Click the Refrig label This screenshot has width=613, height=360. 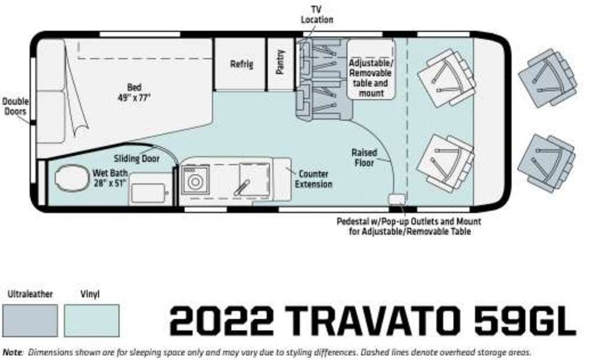tap(241, 64)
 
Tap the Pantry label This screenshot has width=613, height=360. tap(280, 62)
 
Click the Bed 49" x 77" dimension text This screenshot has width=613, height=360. tap(134, 92)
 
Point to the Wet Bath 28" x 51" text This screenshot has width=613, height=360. tap(110, 178)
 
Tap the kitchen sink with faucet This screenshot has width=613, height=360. tap(254, 180)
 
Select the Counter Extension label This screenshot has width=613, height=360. tap(314, 179)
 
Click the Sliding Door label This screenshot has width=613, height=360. tap(136, 159)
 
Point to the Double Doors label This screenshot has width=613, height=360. tap(15, 106)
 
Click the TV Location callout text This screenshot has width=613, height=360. tap(317, 14)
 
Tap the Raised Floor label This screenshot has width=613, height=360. tap(364, 158)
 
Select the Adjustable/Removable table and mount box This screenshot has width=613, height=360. tap(371, 69)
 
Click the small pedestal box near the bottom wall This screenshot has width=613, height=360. tap(396, 198)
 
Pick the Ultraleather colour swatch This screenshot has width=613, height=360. tap(30, 320)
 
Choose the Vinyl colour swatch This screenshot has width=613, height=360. tap(92, 320)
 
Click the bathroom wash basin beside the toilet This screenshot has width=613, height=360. tap(149, 192)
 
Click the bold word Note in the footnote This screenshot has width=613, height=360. tap(13, 352)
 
